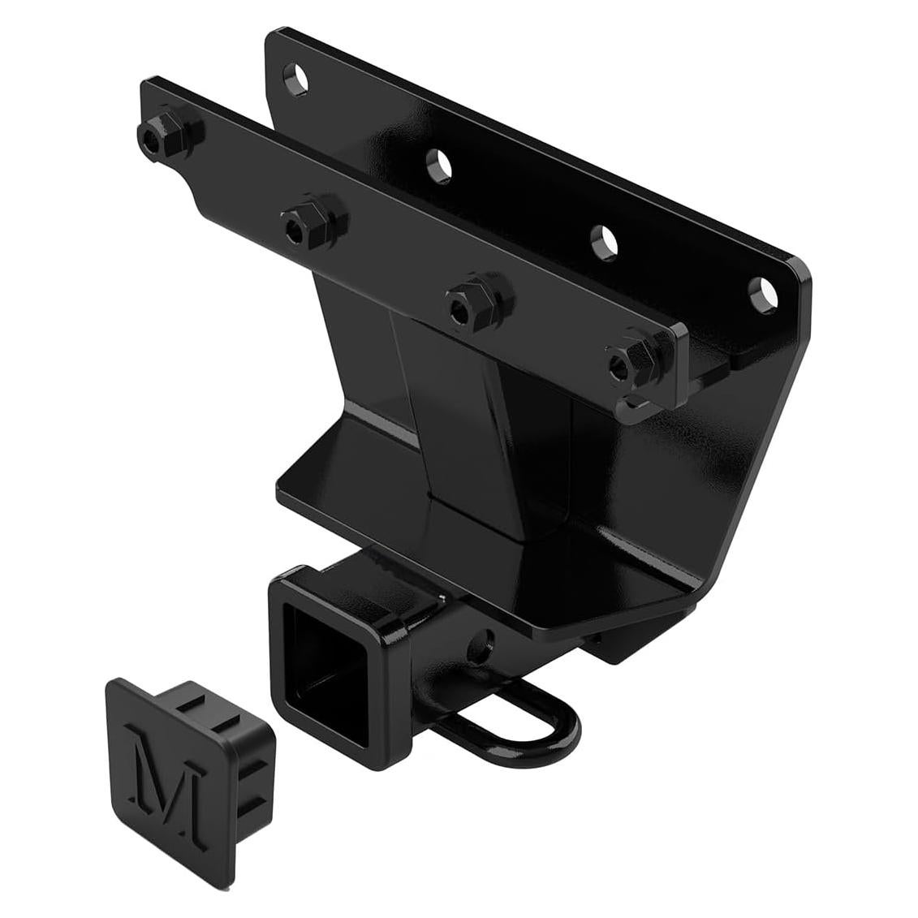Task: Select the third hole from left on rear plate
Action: click(x=604, y=239)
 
